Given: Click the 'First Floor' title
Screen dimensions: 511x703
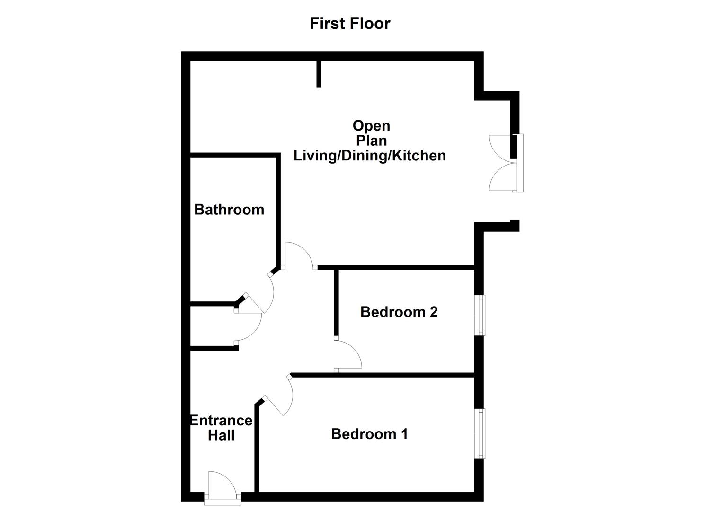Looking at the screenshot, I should coord(350,23).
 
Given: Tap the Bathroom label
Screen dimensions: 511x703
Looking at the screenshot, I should coord(229,210).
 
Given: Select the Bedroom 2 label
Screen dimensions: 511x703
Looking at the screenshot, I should coord(399,312).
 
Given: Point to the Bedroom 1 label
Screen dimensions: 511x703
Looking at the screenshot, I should coord(369,434).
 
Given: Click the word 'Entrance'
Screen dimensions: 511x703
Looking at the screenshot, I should coord(221,420).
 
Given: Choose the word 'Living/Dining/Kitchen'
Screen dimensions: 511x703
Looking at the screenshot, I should coord(370,155).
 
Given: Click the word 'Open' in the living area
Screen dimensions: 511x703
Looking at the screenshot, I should coord(371,125).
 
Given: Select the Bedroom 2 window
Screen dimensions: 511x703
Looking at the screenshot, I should coord(481,315).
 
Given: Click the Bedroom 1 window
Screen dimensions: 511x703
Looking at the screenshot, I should coord(481,433).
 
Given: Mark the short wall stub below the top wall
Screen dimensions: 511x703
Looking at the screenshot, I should coord(319,74).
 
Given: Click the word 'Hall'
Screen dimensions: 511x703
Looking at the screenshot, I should coord(221,435).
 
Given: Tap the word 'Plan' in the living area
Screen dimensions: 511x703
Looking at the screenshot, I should coord(371,141).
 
